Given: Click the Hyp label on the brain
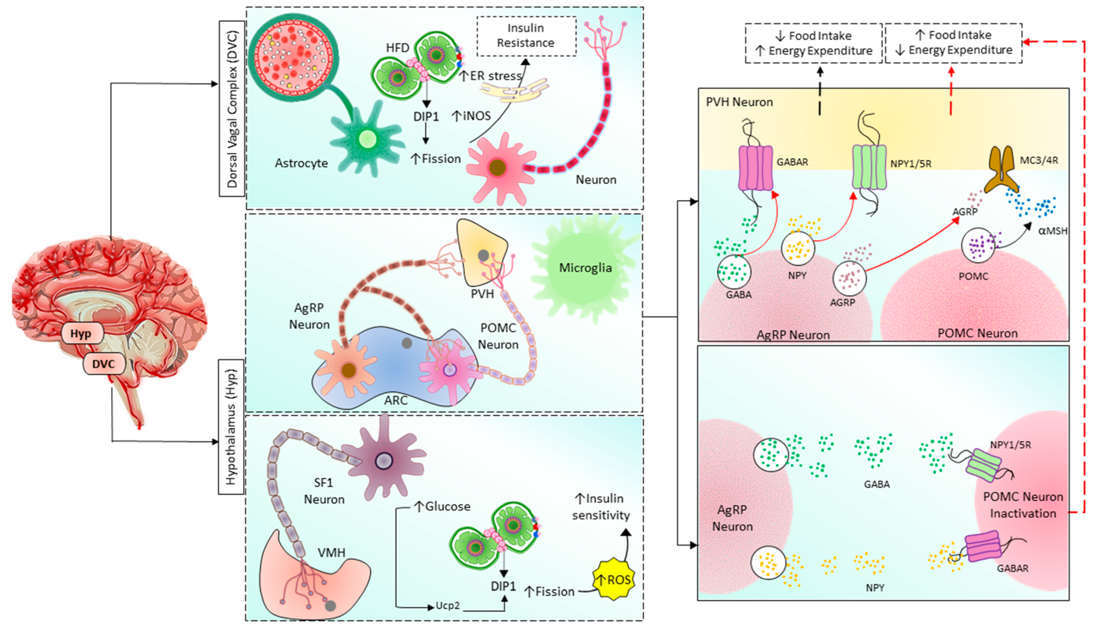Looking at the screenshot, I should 81,334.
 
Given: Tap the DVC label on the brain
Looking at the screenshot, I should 103,364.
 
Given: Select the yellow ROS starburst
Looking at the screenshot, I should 613,579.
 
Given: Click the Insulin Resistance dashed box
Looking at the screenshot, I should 526,36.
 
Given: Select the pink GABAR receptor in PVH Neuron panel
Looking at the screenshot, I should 755,168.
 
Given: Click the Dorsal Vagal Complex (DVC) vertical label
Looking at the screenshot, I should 232,108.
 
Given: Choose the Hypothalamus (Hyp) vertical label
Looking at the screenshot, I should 231,427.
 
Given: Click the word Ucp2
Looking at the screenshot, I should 447,606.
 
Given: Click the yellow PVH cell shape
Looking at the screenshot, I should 481,254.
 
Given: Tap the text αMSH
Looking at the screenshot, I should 1052,231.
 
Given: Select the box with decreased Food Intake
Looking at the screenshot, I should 813,43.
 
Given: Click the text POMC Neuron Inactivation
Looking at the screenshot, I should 1022,505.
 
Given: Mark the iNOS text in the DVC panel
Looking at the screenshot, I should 472,116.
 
